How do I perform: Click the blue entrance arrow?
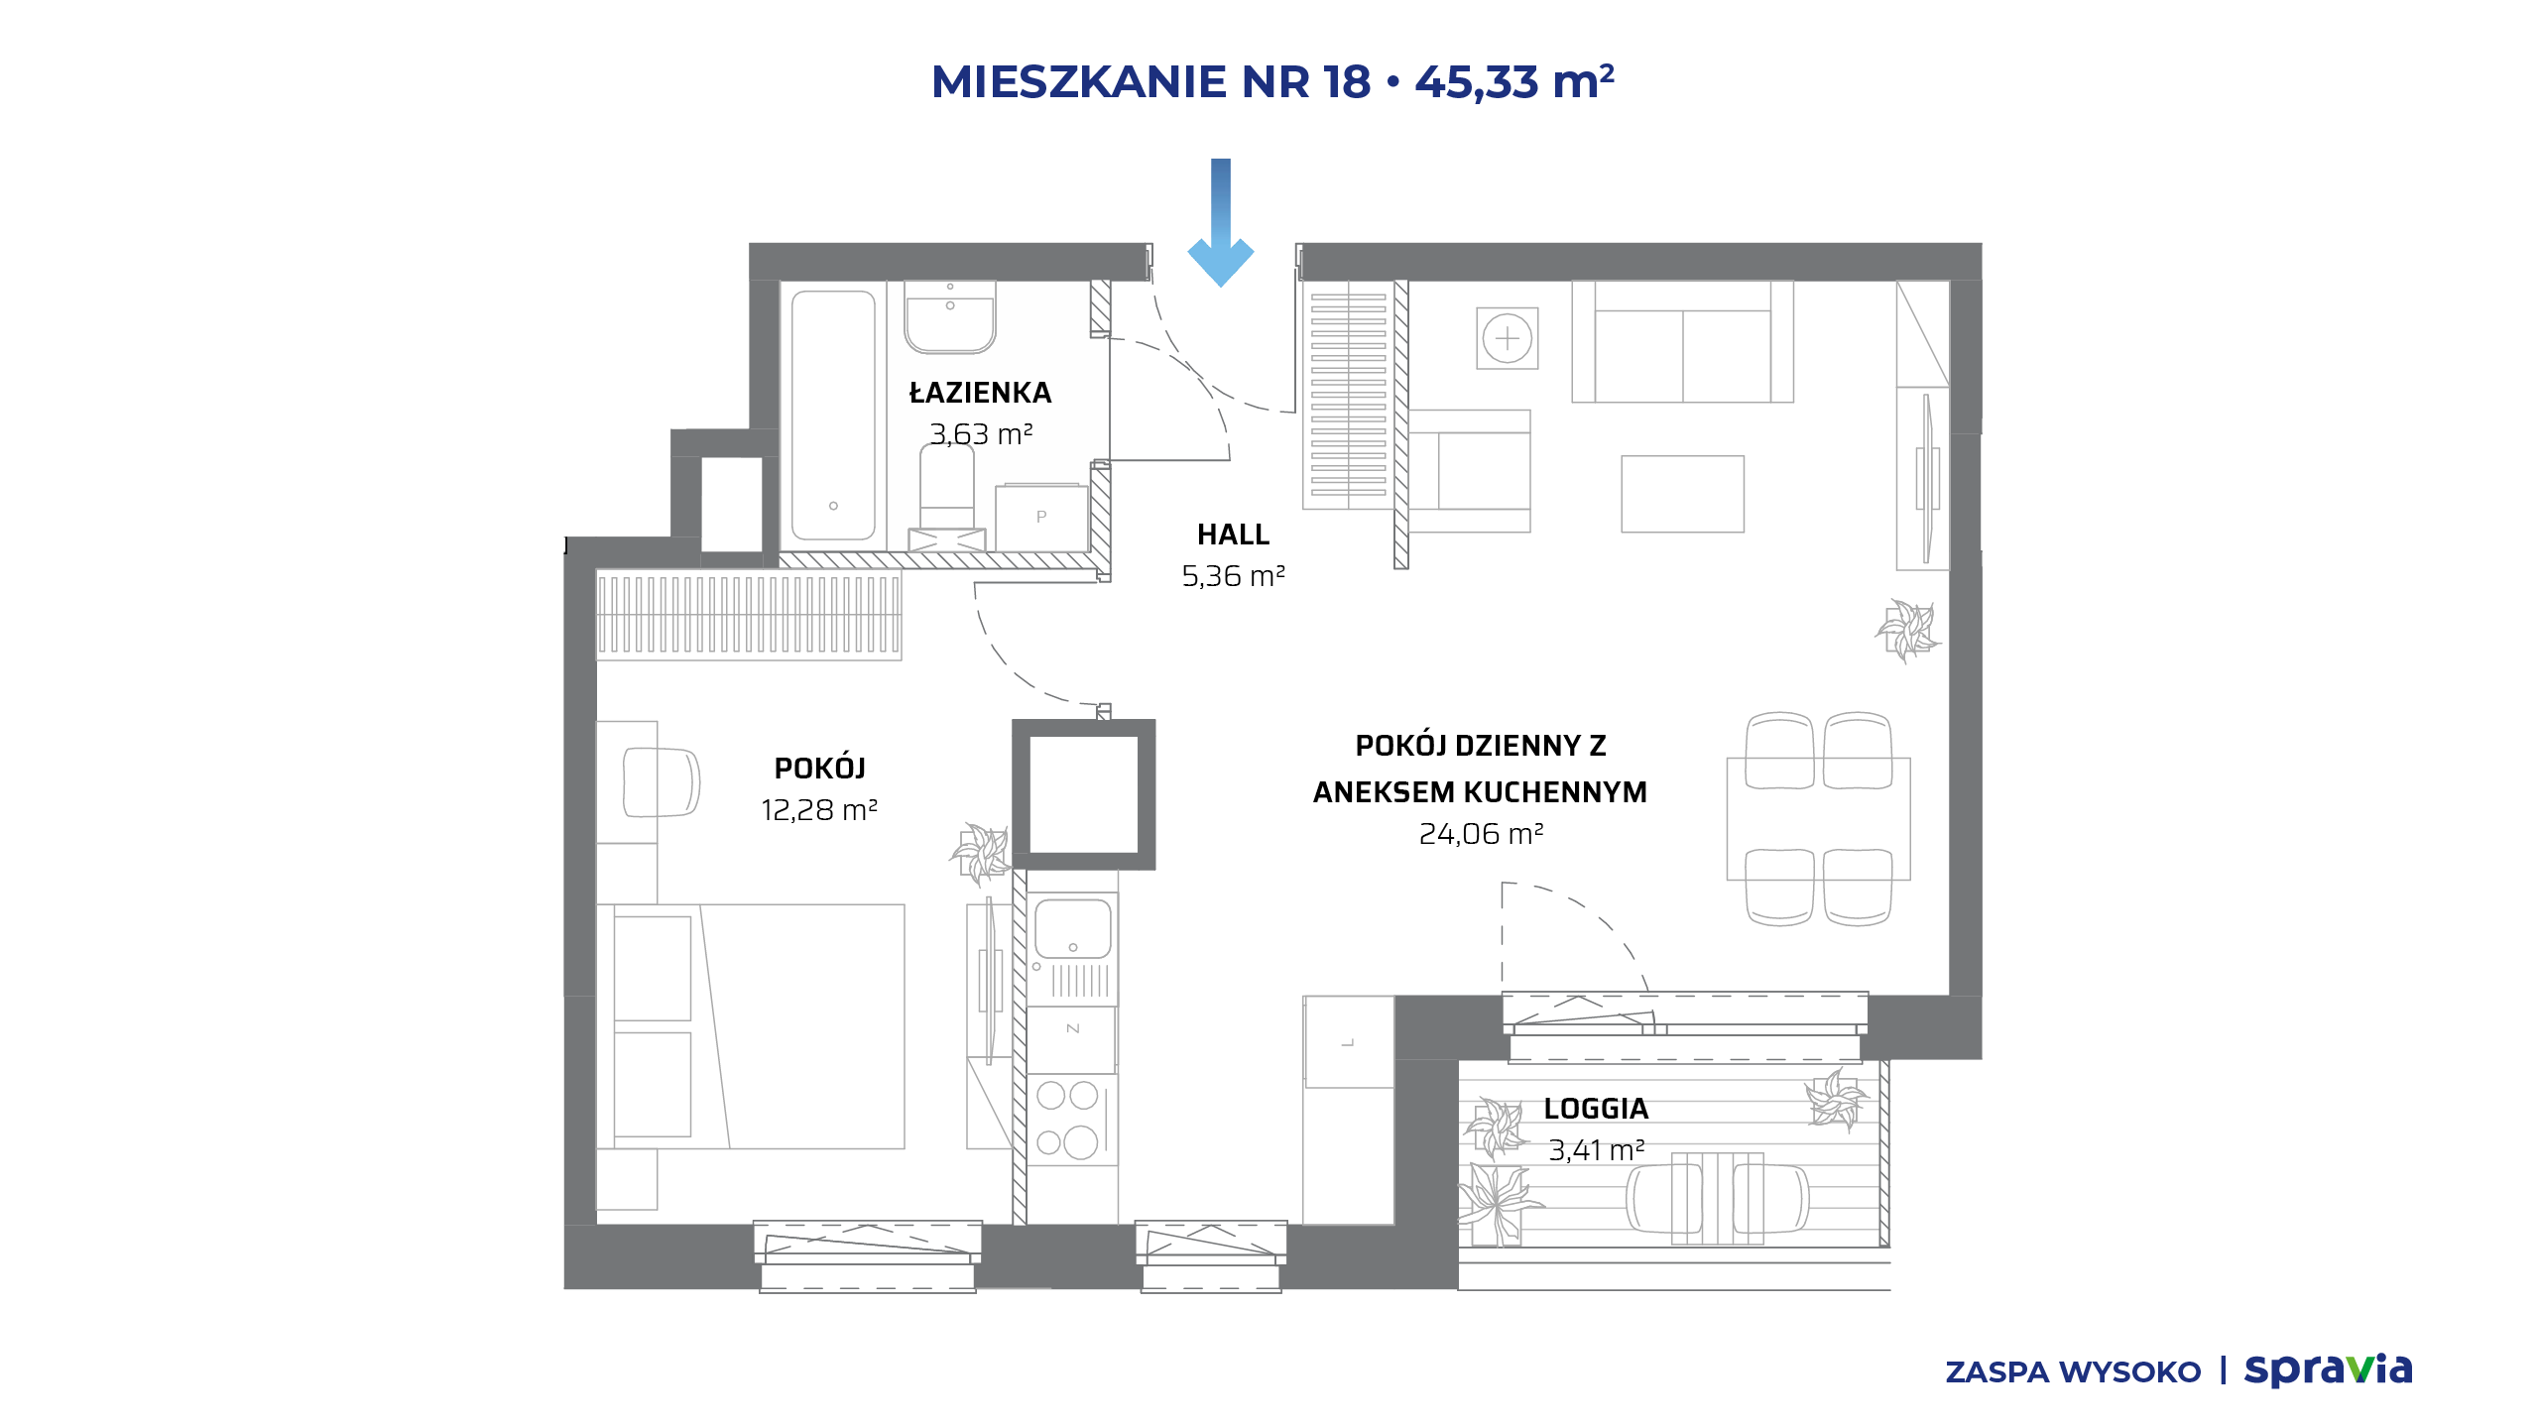coord(1221,223)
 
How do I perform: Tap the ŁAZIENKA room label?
coord(980,393)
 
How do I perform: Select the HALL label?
coord(1233,535)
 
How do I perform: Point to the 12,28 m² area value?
coord(819,810)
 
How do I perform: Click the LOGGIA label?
coord(1596,1109)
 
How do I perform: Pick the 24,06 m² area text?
coord(1481,834)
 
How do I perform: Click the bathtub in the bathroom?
coord(833,415)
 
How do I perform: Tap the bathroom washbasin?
coord(949,316)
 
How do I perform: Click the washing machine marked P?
coord(1040,517)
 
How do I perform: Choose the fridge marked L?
coord(1349,1042)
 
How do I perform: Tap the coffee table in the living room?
coord(1682,494)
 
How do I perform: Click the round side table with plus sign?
coord(1508,338)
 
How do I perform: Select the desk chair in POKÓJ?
coord(661,782)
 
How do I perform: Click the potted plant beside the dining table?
coord(1907,630)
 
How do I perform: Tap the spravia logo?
coord(2328,1370)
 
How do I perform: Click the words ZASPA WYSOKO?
coord(2073,1372)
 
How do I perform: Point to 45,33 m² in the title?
coord(1514,81)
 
